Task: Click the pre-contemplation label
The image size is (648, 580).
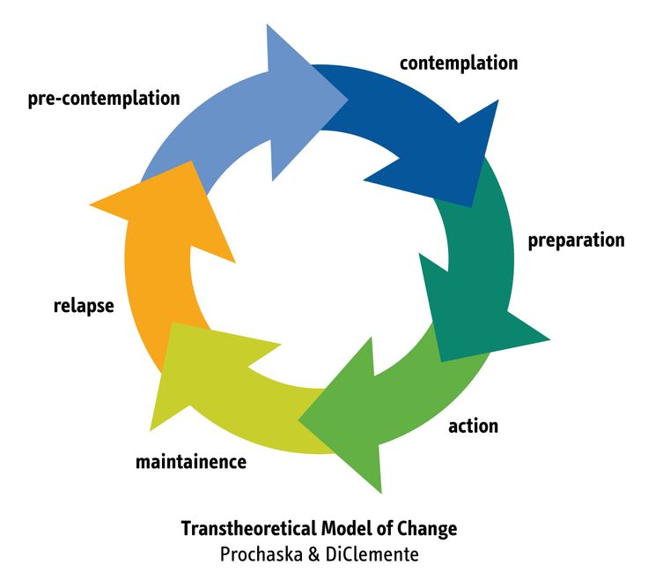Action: pos(104,99)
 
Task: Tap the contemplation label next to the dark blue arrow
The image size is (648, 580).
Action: pos(459,63)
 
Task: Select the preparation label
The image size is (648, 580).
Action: pos(577,241)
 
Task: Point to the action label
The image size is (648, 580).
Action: pos(473,426)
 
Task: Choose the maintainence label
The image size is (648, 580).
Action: pos(191,461)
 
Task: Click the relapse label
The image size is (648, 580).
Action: pos(84,306)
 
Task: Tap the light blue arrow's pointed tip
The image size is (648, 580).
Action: pos(348,100)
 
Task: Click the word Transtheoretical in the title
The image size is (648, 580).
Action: pos(248,529)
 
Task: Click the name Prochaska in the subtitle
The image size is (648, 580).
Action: pos(261,554)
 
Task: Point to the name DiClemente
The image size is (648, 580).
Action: pos(372,554)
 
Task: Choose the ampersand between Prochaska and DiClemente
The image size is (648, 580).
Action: pos(314,554)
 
